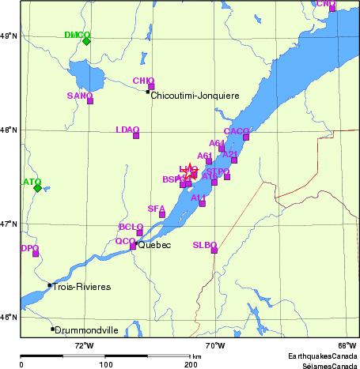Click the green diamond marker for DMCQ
pos(86,41)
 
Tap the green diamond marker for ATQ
pos(37,188)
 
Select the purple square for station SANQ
pos(90,100)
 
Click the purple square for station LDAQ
pos(136,136)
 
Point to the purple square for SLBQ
pos(214,250)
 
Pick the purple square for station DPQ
pos(36,254)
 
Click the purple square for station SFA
pos(162,214)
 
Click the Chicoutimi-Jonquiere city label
pos(195,96)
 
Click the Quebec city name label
pos(154,246)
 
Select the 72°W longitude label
pos(84,345)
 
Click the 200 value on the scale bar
pos(191,364)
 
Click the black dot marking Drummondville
pos(53,329)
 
